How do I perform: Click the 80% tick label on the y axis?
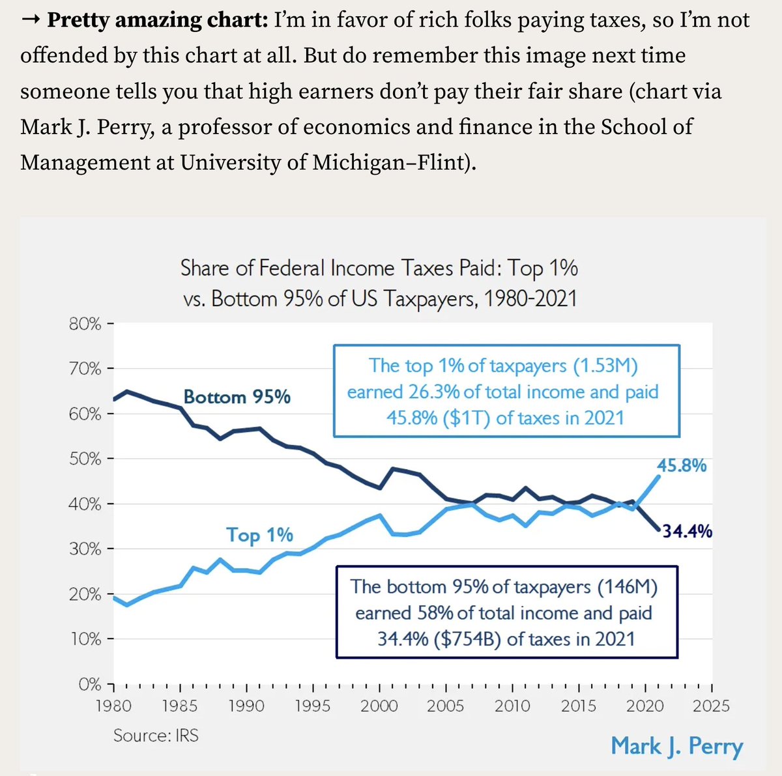(x=85, y=324)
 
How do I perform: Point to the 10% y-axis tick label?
(x=85, y=639)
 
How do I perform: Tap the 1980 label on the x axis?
(x=113, y=706)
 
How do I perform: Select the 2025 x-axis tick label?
(x=711, y=706)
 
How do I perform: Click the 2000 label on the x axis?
(x=379, y=706)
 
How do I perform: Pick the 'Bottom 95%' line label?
(x=237, y=397)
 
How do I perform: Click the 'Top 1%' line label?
(x=259, y=535)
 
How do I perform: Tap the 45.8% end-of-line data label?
(x=682, y=465)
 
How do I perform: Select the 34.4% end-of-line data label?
(x=687, y=532)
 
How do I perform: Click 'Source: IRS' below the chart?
(x=156, y=736)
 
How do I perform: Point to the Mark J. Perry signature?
(x=676, y=746)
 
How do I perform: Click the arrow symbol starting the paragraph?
(x=31, y=20)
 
